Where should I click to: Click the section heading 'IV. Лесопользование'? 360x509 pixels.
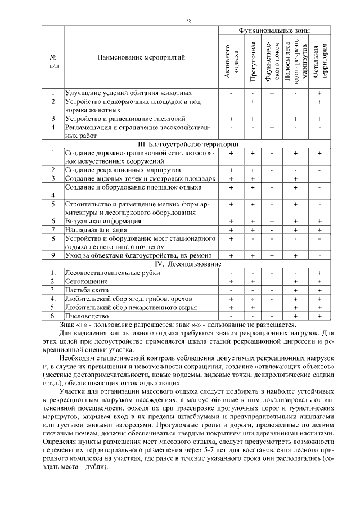pyautogui.click(x=188, y=263)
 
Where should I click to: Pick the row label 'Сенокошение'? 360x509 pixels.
pyautogui.click(x=85, y=281)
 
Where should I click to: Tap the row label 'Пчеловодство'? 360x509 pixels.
pyautogui.click(x=87, y=316)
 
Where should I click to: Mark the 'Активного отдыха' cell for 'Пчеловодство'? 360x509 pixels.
pyautogui.click(x=231, y=316)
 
